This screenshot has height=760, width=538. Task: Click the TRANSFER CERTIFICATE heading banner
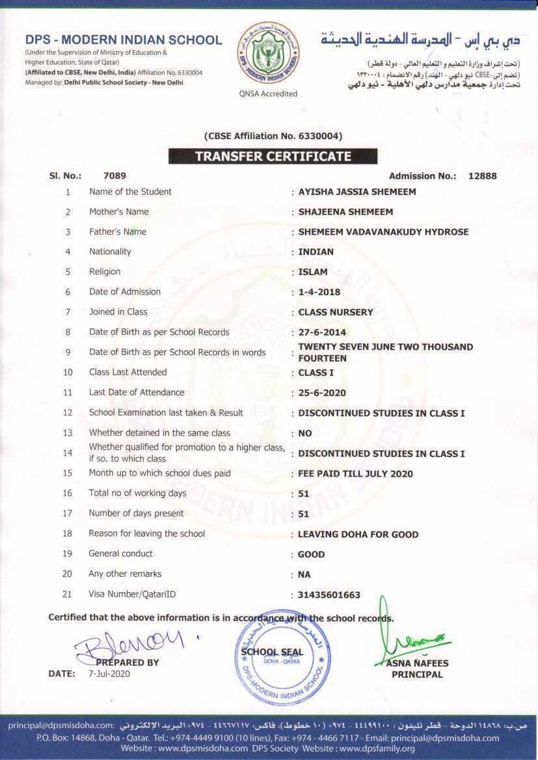click(x=273, y=156)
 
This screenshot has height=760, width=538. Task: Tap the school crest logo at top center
click(x=267, y=55)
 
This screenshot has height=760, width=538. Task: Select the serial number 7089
click(x=114, y=176)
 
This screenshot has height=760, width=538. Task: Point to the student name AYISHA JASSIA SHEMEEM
click(x=357, y=192)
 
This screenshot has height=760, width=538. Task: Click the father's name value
click(x=383, y=232)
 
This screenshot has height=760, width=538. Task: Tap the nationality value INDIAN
click(x=316, y=252)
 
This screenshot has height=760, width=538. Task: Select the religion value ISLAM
click(x=313, y=272)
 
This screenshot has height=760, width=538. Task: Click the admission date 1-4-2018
click(x=319, y=292)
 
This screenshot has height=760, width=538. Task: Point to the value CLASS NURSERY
click(x=336, y=312)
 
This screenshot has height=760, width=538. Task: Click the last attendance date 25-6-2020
click(x=322, y=393)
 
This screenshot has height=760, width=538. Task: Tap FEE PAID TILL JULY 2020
click(x=355, y=474)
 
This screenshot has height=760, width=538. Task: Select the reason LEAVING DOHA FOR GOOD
click(x=358, y=534)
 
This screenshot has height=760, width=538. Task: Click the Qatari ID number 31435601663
click(x=329, y=595)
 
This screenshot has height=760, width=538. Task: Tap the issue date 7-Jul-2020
click(x=109, y=674)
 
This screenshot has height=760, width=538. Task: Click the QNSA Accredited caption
click(x=268, y=94)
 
